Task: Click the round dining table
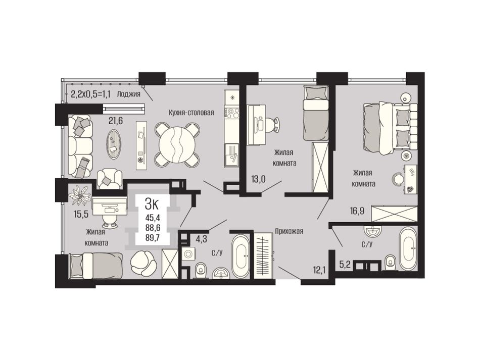coord(177,145)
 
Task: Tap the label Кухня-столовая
coord(191,113)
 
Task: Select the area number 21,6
coord(116,121)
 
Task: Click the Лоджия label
coord(128,94)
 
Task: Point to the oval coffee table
coord(114,144)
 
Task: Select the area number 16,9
coord(357,211)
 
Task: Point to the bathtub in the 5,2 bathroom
coord(408,249)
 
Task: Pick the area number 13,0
coord(258,179)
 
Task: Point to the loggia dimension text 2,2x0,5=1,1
coord(90,94)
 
